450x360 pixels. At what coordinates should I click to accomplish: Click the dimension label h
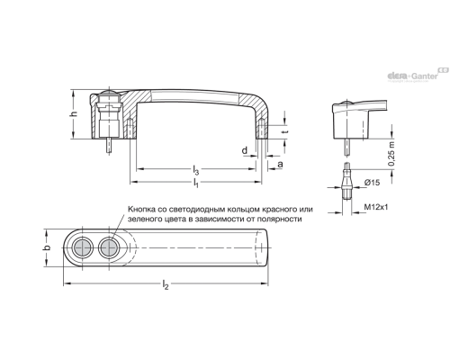[75, 114]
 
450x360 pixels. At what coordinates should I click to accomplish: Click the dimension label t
[286, 131]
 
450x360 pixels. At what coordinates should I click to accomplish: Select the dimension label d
[245, 150]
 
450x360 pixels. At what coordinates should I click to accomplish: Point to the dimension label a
[280, 164]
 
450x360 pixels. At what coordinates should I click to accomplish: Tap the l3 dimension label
[195, 170]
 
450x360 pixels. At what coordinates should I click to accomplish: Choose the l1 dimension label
[195, 183]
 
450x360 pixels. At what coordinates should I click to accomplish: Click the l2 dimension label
[166, 284]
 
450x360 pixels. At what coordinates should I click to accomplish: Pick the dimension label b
[47, 247]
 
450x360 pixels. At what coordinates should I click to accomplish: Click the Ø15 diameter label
[372, 183]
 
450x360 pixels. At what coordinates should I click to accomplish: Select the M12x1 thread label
[376, 207]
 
